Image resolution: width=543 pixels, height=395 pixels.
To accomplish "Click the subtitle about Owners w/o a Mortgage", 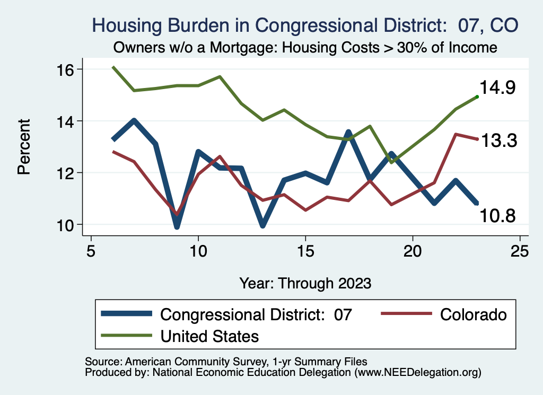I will point(305,47).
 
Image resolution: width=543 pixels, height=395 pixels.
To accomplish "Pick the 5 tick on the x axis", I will point(91,250).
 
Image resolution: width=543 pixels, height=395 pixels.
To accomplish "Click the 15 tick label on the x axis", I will point(305,250).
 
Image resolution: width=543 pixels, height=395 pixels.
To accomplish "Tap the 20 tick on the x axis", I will point(413,250).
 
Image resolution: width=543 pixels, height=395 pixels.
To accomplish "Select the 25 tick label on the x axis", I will point(520,250).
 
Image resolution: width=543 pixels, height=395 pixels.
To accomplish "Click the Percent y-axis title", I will point(23,147).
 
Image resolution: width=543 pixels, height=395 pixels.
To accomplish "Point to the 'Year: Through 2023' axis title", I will point(305,283).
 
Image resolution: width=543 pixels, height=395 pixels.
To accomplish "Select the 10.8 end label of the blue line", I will point(498,215).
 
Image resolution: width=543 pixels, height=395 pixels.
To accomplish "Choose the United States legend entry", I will point(209,336).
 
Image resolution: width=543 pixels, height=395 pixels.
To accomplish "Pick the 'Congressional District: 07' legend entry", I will point(256,314).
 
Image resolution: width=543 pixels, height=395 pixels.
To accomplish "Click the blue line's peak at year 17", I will point(348,133).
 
